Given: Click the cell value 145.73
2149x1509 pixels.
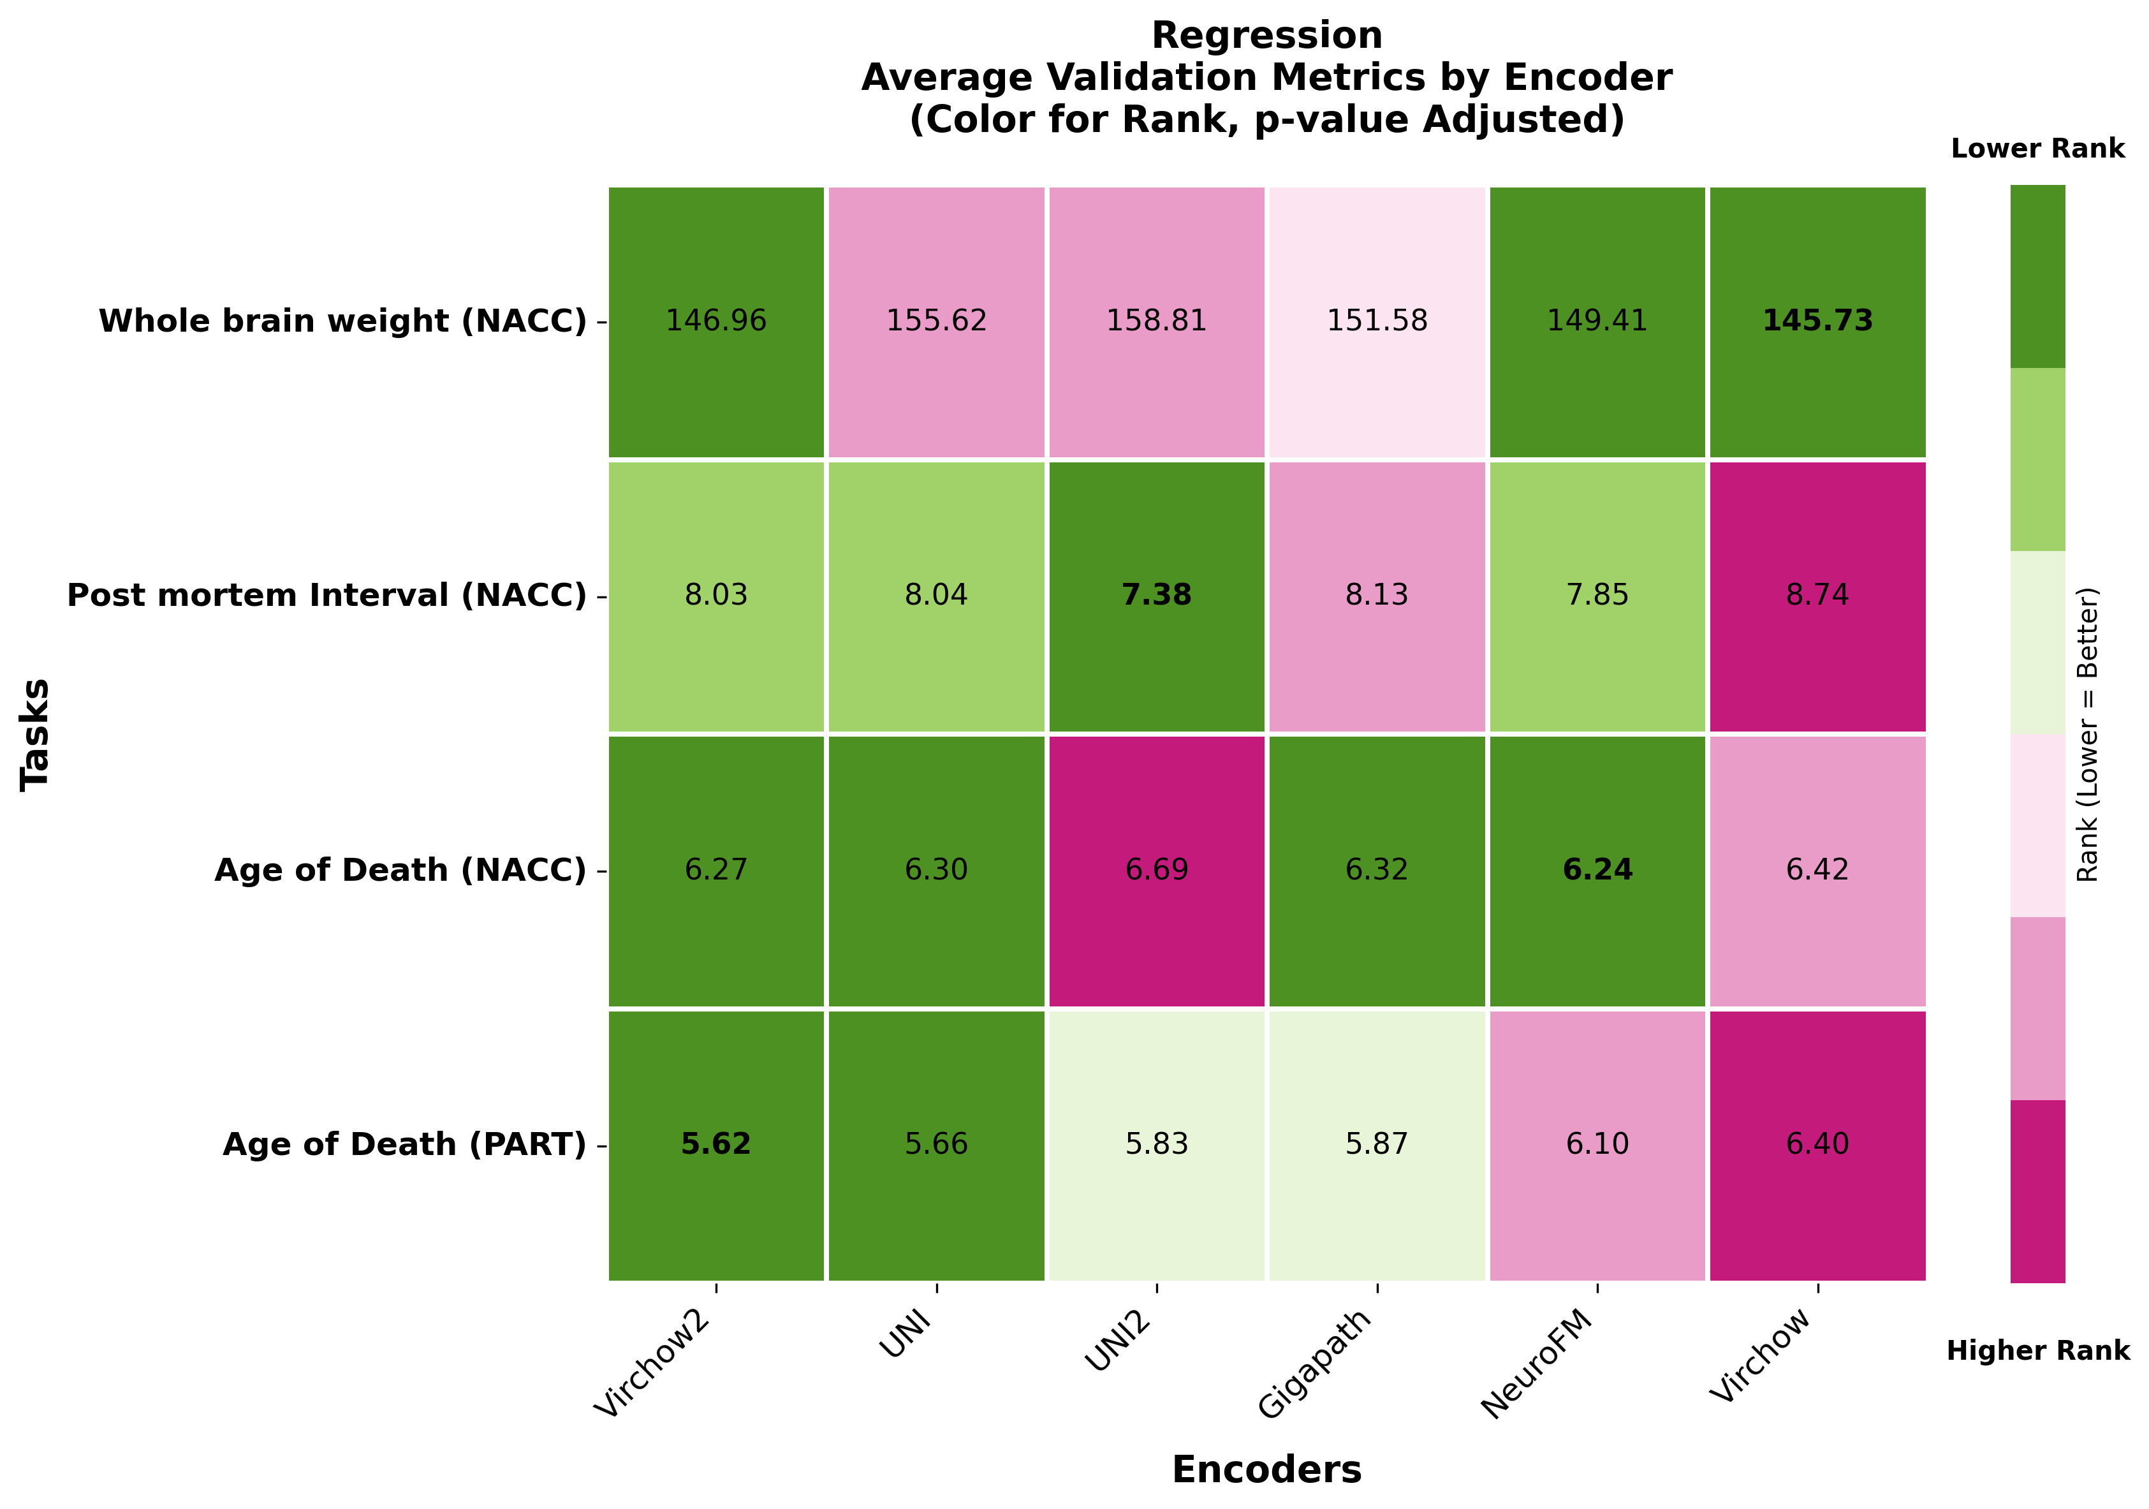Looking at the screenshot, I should (x=1817, y=321).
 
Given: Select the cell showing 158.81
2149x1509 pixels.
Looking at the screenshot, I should (x=1157, y=321).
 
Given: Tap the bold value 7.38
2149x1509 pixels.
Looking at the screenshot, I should (x=1157, y=595).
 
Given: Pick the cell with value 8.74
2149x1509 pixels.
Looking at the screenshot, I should (x=1817, y=595).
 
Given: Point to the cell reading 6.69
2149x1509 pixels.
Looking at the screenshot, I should (x=1157, y=870).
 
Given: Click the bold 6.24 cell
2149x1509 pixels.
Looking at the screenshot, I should (x=1597, y=870).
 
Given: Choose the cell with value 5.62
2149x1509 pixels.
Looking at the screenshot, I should (x=716, y=1144).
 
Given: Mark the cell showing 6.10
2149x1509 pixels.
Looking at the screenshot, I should (x=1597, y=1144).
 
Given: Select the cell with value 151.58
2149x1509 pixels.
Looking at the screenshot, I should (x=1377, y=321).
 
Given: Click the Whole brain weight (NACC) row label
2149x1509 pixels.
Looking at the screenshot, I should (x=342, y=321).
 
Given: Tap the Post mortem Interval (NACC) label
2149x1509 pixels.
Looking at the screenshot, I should (x=326, y=595).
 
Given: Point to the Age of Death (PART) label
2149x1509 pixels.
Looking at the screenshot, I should (x=404, y=1144).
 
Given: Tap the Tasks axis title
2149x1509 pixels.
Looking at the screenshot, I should (x=36, y=735).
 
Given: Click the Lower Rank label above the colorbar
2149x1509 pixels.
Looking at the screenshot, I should (x=2037, y=149).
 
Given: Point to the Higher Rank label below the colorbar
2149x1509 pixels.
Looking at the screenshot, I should (x=2037, y=1351).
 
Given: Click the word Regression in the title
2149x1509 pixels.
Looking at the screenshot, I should (x=1266, y=36).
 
